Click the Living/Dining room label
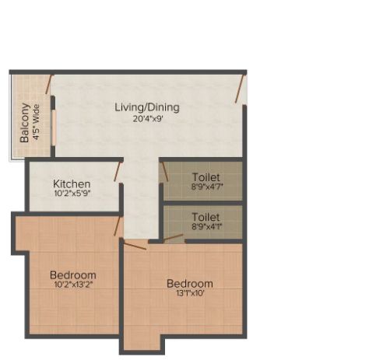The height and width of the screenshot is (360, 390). (x=147, y=107)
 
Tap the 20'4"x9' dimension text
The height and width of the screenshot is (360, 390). (x=148, y=119)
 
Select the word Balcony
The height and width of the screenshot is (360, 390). (x=24, y=123)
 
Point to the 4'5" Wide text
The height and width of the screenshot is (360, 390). (x=36, y=122)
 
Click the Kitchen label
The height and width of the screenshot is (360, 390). (x=72, y=184)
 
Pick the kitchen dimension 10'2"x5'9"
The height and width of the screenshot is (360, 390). (x=72, y=194)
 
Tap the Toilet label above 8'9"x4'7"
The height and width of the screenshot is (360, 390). (x=206, y=177)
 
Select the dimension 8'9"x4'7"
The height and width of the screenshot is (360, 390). (x=207, y=187)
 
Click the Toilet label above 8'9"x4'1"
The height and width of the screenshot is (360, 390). (x=206, y=217)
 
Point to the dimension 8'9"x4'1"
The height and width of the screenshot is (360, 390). (x=207, y=226)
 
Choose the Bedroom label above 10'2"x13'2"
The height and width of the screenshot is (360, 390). (x=73, y=275)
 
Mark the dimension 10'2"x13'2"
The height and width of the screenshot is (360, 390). (x=73, y=285)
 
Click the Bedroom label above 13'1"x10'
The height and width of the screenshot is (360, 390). (x=190, y=284)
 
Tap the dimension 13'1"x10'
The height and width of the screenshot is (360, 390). (x=191, y=293)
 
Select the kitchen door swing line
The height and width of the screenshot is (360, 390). (x=117, y=172)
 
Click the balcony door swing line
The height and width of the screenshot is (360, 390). (x=48, y=85)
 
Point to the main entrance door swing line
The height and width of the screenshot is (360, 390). (x=240, y=89)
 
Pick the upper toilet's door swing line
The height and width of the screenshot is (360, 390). (x=165, y=172)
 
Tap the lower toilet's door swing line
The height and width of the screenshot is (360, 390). (x=173, y=238)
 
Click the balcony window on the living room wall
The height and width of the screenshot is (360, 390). (x=53, y=128)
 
